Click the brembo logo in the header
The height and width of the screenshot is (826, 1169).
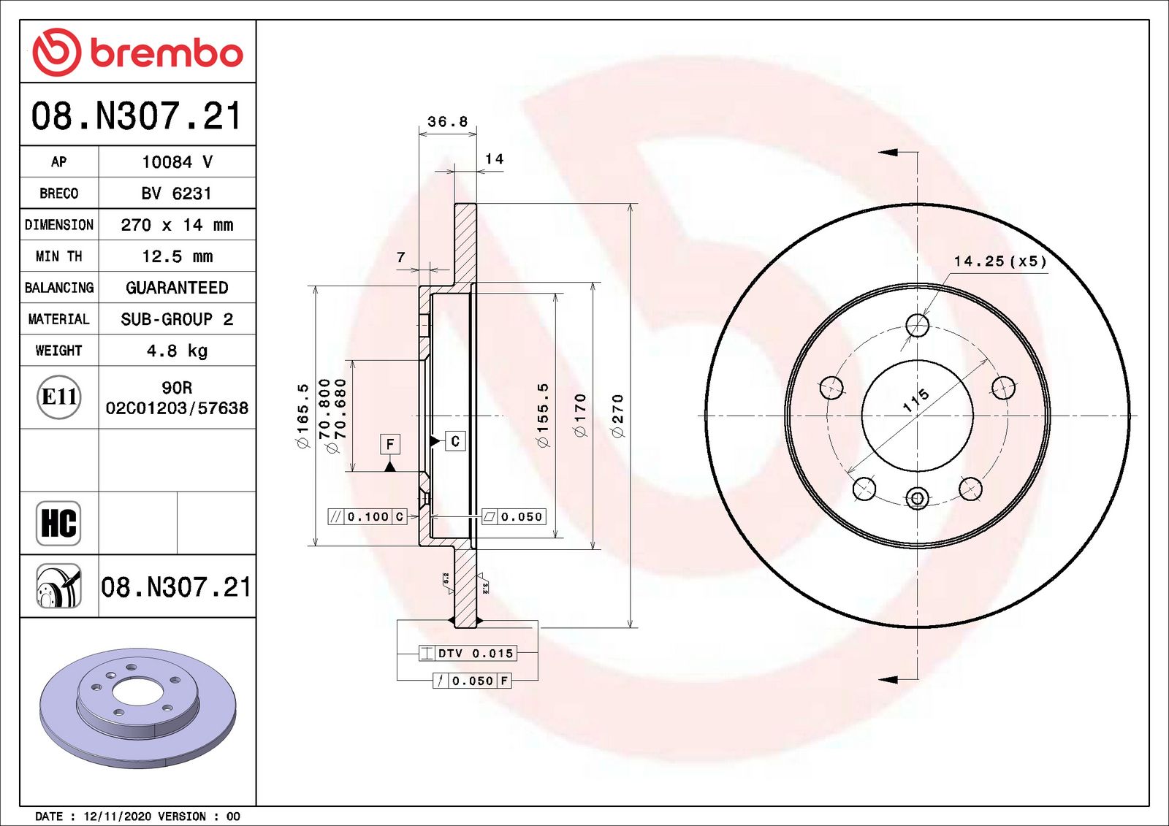pos(138,52)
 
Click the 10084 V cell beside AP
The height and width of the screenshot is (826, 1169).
pos(177,161)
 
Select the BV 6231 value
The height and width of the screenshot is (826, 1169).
pos(176,194)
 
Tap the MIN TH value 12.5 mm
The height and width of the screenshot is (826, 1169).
pos(177,256)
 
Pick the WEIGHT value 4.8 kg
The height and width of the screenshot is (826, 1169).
pos(177,350)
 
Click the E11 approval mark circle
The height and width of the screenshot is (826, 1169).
pos(59,397)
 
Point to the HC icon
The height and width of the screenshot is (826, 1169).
pos(58,523)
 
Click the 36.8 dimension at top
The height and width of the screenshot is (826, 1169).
pos(447,121)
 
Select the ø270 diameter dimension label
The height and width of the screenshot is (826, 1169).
pos(618,416)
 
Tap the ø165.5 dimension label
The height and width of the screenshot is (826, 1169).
pos(302,416)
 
